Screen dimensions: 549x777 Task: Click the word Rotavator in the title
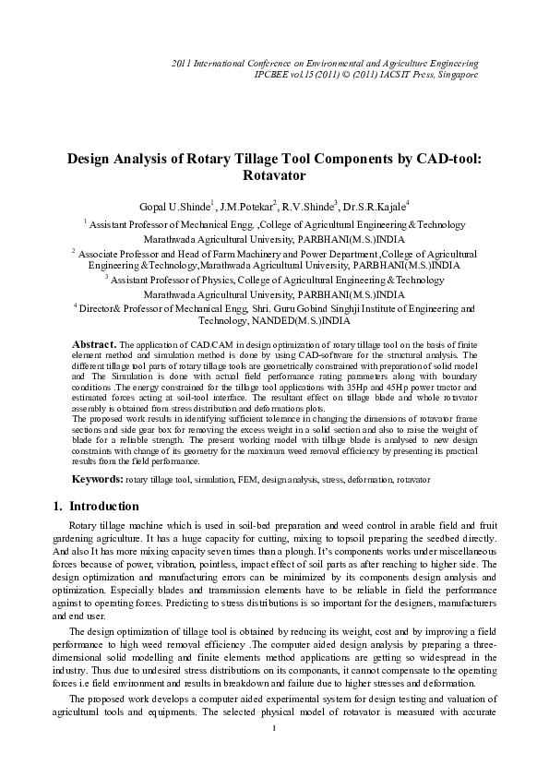pos(273,173)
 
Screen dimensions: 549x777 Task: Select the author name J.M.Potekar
pos(249,205)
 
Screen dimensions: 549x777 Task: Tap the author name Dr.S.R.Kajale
pos(378,205)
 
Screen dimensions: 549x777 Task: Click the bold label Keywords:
pos(98,480)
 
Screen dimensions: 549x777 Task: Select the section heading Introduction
pos(104,507)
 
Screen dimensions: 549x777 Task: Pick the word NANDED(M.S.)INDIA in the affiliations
pos(303,323)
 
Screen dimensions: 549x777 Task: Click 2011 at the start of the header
pos(185,63)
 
